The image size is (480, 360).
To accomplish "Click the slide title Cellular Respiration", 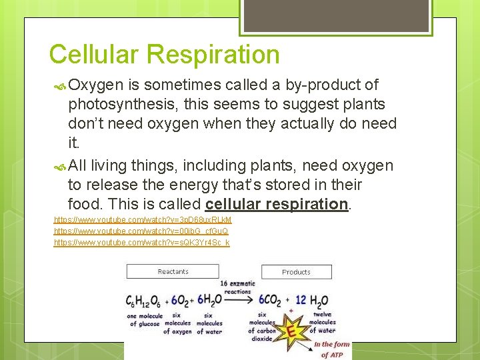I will [164, 55].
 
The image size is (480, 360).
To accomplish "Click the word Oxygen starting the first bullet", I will [95, 85].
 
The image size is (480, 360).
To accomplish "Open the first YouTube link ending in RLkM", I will [143, 220].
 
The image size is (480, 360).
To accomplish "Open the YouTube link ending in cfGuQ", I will [141, 231].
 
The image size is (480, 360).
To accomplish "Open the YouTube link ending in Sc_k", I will [141, 243].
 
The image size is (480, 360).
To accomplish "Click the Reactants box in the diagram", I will [173, 271].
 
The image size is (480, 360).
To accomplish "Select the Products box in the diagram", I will [296, 272].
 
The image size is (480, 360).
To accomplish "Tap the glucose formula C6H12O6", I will [145, 301].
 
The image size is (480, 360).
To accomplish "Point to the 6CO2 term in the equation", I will [270, 301].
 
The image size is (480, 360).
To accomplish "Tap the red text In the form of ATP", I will [331, 349].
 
